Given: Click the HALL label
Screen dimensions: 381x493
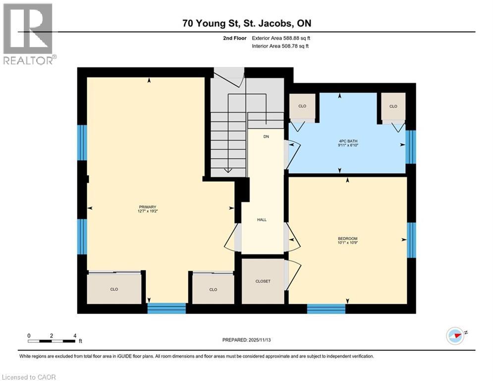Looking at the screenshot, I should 262,219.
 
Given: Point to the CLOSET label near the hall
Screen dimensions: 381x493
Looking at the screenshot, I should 263,281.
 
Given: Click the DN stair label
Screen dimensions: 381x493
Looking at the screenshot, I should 266,136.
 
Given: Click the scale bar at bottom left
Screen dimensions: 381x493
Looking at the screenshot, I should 52,341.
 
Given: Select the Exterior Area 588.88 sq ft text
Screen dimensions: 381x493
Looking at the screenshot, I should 281,38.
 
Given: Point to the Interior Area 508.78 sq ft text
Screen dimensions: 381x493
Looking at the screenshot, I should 281,46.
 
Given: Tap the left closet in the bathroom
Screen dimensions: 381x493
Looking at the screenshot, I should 302,106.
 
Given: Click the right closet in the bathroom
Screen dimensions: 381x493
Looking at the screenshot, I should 393,106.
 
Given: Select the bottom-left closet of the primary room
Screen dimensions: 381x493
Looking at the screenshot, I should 114,288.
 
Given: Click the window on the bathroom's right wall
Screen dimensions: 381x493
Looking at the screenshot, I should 410,147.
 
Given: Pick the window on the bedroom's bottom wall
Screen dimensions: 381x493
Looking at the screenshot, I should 326,309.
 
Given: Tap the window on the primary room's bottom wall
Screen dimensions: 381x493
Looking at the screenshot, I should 166,308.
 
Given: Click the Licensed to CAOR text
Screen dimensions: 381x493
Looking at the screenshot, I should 29,377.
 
